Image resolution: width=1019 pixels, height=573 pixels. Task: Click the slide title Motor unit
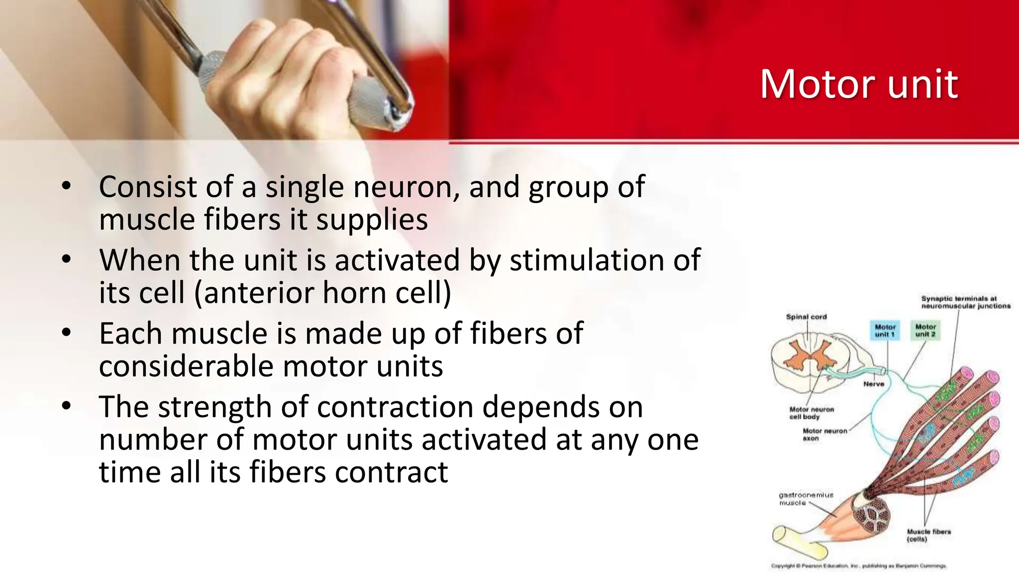coord(858,84)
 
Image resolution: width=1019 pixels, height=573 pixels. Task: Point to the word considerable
coord(186,367)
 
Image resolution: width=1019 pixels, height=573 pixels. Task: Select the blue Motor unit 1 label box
coord(885,330)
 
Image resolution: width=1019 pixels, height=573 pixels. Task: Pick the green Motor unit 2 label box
coord(925,330)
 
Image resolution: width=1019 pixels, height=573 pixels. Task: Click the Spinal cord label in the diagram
coord(806,316)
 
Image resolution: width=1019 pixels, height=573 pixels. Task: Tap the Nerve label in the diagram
coord(874,384)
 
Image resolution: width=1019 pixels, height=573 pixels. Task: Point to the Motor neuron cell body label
coord(811,413)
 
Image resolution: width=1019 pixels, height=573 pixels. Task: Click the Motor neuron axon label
coord(823,434)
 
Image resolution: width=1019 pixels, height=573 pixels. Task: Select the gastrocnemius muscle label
coord(805,498)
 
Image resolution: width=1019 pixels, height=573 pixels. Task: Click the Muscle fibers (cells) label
coord(928,535)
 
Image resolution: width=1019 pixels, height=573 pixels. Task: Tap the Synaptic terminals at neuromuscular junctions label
coord(965,302)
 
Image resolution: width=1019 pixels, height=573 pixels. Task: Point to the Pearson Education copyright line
coord(859,566)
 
